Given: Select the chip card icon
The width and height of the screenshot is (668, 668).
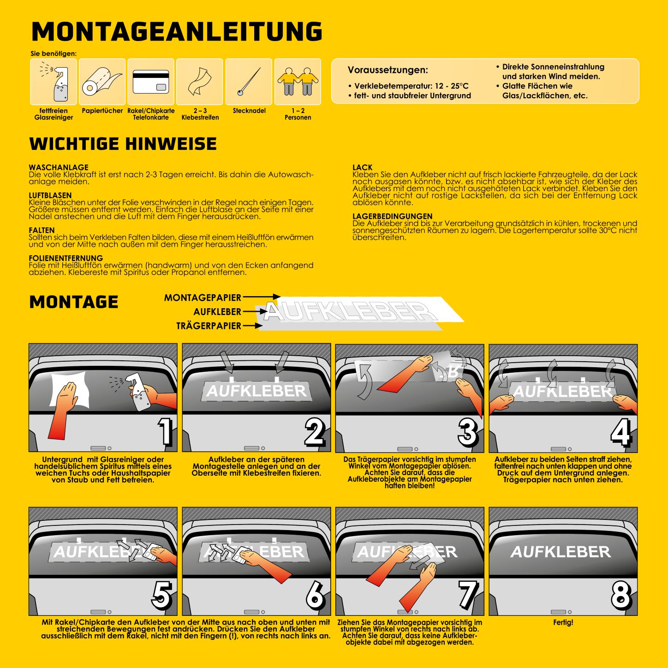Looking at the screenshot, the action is [151, 82].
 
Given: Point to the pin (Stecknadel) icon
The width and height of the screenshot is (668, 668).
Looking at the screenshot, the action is [249, 82].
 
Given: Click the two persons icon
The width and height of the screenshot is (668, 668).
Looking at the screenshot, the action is [298, 82].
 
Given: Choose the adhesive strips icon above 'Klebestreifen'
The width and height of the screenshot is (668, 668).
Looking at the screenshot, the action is [200, 82].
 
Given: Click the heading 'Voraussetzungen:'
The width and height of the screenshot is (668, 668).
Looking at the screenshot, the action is [388, 70].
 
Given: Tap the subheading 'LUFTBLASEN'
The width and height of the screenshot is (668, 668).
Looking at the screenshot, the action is [50, 196].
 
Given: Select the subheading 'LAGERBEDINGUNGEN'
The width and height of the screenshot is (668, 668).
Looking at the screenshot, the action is [393, 216].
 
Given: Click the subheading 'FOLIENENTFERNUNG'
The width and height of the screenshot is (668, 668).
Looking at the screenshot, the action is [66, 258].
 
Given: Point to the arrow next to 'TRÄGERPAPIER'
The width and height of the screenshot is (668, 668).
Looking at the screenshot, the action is [252, 326].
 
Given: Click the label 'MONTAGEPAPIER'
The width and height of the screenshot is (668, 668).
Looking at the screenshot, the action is [203, 298].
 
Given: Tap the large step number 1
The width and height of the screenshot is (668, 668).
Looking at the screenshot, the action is [165, 431].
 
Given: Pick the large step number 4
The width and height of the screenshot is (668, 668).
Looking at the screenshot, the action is [621, 432].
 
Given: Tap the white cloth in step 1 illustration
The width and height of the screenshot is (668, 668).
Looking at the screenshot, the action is [69, 389].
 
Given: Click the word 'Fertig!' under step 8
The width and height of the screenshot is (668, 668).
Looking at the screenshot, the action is [563, 622].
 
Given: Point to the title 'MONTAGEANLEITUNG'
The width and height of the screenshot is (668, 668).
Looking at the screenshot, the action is [177, 32].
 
